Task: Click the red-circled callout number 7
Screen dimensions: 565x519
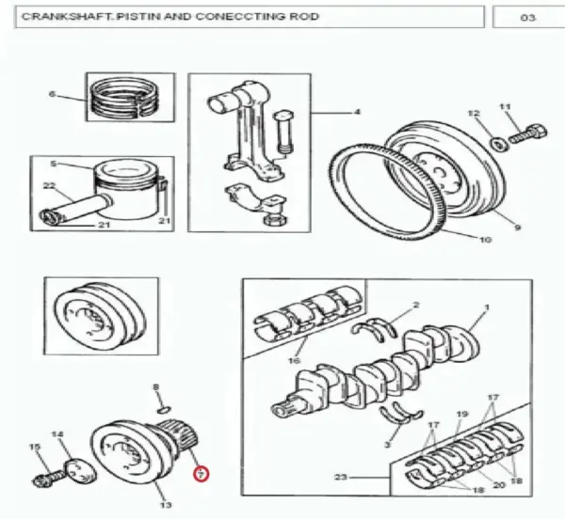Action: [x=202, y=474]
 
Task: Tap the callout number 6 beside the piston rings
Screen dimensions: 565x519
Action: [x=53, y=94]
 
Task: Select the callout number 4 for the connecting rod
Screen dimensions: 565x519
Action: [x=357, y=112]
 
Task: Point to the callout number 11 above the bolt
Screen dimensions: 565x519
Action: [x=505, y=107]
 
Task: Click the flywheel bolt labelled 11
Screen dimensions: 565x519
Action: [x=528, y=134]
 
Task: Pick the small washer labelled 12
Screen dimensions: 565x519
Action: [x=499, y=144]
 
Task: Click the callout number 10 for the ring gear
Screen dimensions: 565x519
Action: [x=485, y=240]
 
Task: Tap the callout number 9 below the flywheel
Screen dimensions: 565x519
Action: [x=517, y=228]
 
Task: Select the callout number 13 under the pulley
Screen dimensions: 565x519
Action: [x=166, y=505]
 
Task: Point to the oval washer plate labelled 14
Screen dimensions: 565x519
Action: [x=80, y=470]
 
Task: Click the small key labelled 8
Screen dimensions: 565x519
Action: [x=164, y=409]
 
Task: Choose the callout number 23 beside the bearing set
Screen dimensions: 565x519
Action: [x=341, y=478]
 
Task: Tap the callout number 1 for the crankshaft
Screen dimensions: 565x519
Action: [x=487, y=307]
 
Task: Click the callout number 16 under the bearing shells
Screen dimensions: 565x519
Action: [x=295, y=360]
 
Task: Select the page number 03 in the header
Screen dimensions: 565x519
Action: [x=527, y=17]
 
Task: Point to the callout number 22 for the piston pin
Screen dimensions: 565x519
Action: [x=49, y=186]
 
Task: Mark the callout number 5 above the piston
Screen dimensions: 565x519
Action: [x=54, y=164]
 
